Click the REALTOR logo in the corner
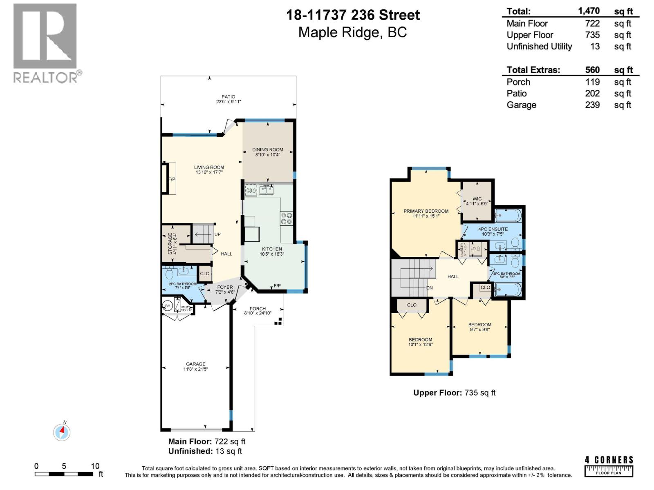click(x=45, y=43)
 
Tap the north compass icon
click(x=62, y=432)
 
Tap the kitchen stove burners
click(x=286, y=218)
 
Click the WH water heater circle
click(x=167, y=306)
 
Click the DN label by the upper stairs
click(x=429, y=288)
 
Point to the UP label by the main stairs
click(x=217, y=234)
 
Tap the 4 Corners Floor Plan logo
click(x=609, y=466)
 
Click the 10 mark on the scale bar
click(x=95, y=466)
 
